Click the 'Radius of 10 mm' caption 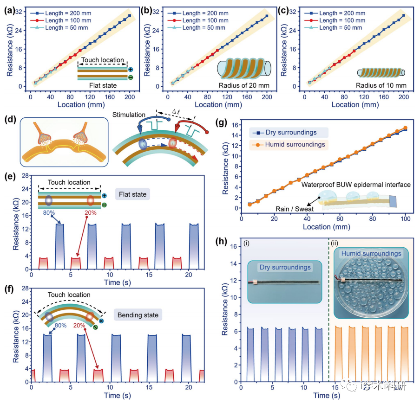pyautogui.click(x=380, y=85)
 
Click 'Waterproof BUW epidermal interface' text pyautogui.click(x=356, y=185)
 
